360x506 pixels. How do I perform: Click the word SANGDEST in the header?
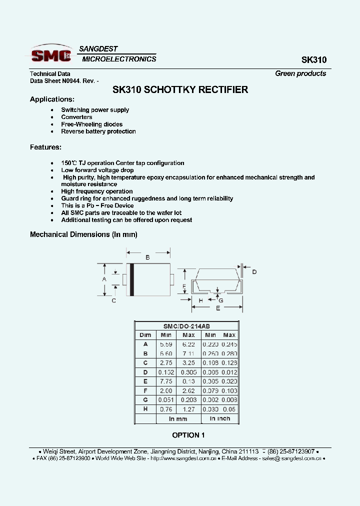98,49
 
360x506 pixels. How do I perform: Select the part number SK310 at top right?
313,60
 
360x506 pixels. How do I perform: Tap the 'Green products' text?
300,73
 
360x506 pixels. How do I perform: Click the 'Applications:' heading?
52,99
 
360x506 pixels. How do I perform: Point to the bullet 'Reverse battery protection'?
98,131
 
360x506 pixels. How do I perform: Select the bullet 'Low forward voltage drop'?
97,170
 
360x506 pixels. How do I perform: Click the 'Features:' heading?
46,147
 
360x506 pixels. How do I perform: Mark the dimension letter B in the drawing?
147,257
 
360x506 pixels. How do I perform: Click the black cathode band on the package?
132,279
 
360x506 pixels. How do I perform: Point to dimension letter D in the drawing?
254,271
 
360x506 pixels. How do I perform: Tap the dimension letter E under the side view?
218,308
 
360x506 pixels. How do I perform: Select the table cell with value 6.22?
188,344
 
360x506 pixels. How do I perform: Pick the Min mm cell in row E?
165,381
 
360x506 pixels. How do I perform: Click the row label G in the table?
145,400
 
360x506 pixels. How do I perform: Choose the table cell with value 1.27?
188,409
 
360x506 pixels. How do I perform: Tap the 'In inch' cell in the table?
220,418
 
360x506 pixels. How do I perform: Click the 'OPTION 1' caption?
188,435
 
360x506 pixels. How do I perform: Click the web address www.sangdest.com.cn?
183,458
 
